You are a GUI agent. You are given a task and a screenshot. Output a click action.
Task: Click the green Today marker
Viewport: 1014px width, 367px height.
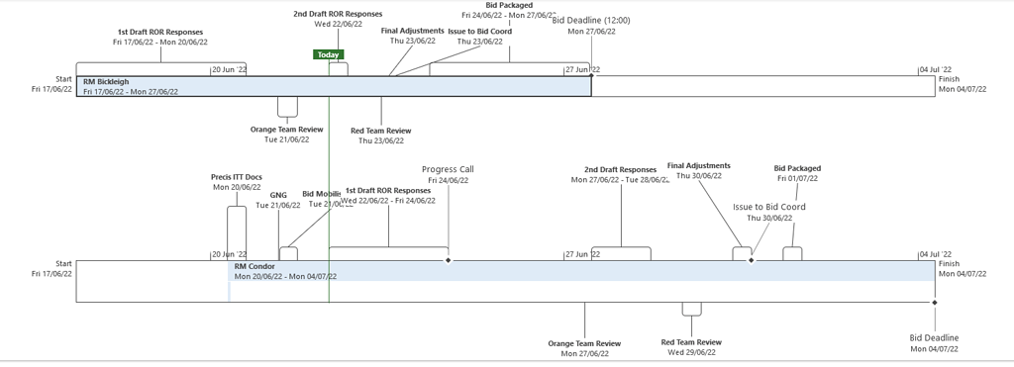[x=328, y=55]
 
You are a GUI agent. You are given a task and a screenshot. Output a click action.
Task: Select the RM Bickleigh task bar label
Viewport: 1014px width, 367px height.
[x=106, y=81]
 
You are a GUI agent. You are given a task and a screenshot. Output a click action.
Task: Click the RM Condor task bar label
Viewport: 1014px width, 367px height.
[x=254, y=266]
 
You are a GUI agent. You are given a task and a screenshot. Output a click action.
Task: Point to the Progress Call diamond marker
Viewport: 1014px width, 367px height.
[x=449, y=260]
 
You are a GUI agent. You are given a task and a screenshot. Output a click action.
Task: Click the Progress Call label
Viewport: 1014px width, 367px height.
[x=448, y=169]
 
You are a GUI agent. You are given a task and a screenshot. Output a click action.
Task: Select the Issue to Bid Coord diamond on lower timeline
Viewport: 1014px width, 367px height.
[x=751, y=260]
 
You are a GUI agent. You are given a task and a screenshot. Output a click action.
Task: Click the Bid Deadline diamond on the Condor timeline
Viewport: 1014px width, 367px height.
[x=934, y=302]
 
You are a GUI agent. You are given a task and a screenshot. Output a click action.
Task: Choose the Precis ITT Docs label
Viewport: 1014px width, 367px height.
[x=236, y=177]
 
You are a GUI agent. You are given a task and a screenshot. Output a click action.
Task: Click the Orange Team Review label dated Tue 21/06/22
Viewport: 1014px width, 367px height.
[x=286, y=129]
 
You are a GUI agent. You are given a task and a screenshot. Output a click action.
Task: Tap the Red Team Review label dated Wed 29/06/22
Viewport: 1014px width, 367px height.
[x=690, y=342]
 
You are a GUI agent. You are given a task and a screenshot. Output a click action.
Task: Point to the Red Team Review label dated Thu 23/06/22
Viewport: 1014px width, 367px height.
[x=381, y=131]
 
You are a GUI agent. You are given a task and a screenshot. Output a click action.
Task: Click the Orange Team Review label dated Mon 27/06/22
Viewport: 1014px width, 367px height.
[x=584, y=343]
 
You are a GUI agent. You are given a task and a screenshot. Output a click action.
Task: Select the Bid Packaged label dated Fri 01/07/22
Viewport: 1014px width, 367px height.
[x=797, y=168]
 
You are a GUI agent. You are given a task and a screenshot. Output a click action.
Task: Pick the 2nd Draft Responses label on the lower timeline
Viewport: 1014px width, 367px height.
[x=620, y=169]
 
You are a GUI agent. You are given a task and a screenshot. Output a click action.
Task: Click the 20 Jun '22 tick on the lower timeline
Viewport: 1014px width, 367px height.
[x=229, y=254]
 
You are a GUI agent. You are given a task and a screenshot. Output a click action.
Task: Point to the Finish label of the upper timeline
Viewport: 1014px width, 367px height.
[x=949, y=78]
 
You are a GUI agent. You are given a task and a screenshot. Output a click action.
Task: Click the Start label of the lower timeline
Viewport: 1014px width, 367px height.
[x=63, y=264]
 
